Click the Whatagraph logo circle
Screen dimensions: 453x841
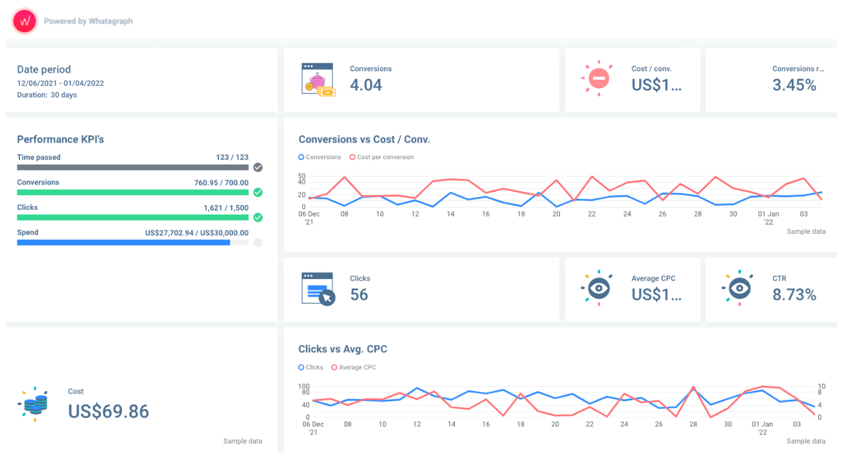point(25,21)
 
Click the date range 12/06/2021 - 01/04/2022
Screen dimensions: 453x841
point(61,83)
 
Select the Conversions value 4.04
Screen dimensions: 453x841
point(366,85)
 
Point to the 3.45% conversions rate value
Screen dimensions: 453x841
point(794,85)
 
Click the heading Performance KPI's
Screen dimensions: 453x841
point(61,139)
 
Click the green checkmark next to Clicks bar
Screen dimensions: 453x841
point(258,217)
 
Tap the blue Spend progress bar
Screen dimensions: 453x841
point(123,242)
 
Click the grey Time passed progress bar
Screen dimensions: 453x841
point(132,167)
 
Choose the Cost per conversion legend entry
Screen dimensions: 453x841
point(385,157)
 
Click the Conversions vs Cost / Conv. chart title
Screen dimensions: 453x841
point(364,139)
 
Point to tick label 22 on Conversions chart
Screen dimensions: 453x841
point(591,214)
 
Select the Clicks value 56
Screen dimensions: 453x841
point(359,294)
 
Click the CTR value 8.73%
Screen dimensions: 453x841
point(794,294)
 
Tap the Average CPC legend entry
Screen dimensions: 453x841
point(357,367)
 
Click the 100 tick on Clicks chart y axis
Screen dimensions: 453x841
point(304,386)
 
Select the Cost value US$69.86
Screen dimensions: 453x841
point(109,411)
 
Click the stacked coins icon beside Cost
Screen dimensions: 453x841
point(35,404)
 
